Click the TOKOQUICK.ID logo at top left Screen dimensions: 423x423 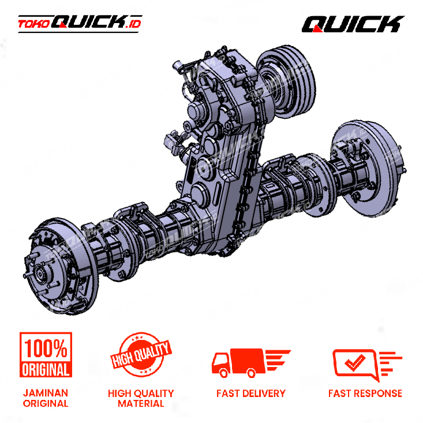pos(80,24)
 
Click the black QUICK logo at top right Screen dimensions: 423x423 pos(353,24)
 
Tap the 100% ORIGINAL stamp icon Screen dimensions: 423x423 pos(46,354)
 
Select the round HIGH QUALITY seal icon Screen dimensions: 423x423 pos(141,354)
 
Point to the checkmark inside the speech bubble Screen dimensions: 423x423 pos(355,362)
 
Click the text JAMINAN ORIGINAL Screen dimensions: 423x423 pos(46,398)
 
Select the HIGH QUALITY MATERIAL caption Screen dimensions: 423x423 pos(141,398)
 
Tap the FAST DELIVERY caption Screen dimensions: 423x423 pos(251,394)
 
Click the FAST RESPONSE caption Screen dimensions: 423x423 pos(365,394)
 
